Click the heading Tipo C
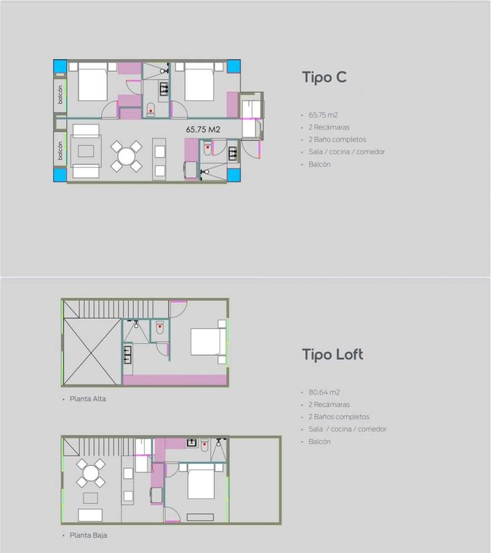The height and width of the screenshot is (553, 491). pyautogui.click(x=324, y=78)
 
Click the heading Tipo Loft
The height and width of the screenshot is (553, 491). pyautogui.click(x=333, y=354)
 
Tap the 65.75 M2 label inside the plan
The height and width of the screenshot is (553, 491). pyautogui.click(x=203, y=130)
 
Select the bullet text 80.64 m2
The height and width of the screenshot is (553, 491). pyautogui.click(x=324, y=392)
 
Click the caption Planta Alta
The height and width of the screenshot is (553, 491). pyautogui.click(x=88, y=399)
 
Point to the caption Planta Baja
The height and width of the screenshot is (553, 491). pyautogui.click(x=89, y=536)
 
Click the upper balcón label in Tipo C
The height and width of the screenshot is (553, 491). pyautogui.click(x=60, y=94)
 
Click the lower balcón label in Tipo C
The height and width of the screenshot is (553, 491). pyautogui.click(x=60, y=151)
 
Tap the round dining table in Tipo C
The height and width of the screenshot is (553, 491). pyautogui.click(x=126, y=156)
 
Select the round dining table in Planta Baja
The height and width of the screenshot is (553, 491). pyautogui.click(x=91, y=473)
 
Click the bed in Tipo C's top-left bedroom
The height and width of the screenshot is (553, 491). pyautogui.click(x=92, y=82)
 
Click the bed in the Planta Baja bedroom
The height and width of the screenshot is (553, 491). pyautogui.click(x=201, y=482)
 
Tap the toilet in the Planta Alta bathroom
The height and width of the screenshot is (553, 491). pyautogui.click(x=160, y=328)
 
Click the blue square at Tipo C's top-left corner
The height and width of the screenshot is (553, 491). pyautogui.click(x=60, y=66)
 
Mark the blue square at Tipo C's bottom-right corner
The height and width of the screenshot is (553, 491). pyautogui.click(x=233, y=175)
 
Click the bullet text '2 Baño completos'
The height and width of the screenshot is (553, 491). pyautogui.click(x=337, y=140)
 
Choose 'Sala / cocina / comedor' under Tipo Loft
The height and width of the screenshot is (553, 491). pyautogui.click(x=348, y=429)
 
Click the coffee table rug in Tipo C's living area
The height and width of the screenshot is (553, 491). pyautogui.click(x=86, y=151)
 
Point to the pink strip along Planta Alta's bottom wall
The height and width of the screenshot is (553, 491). pyautogui.click(x=175, y=380)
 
